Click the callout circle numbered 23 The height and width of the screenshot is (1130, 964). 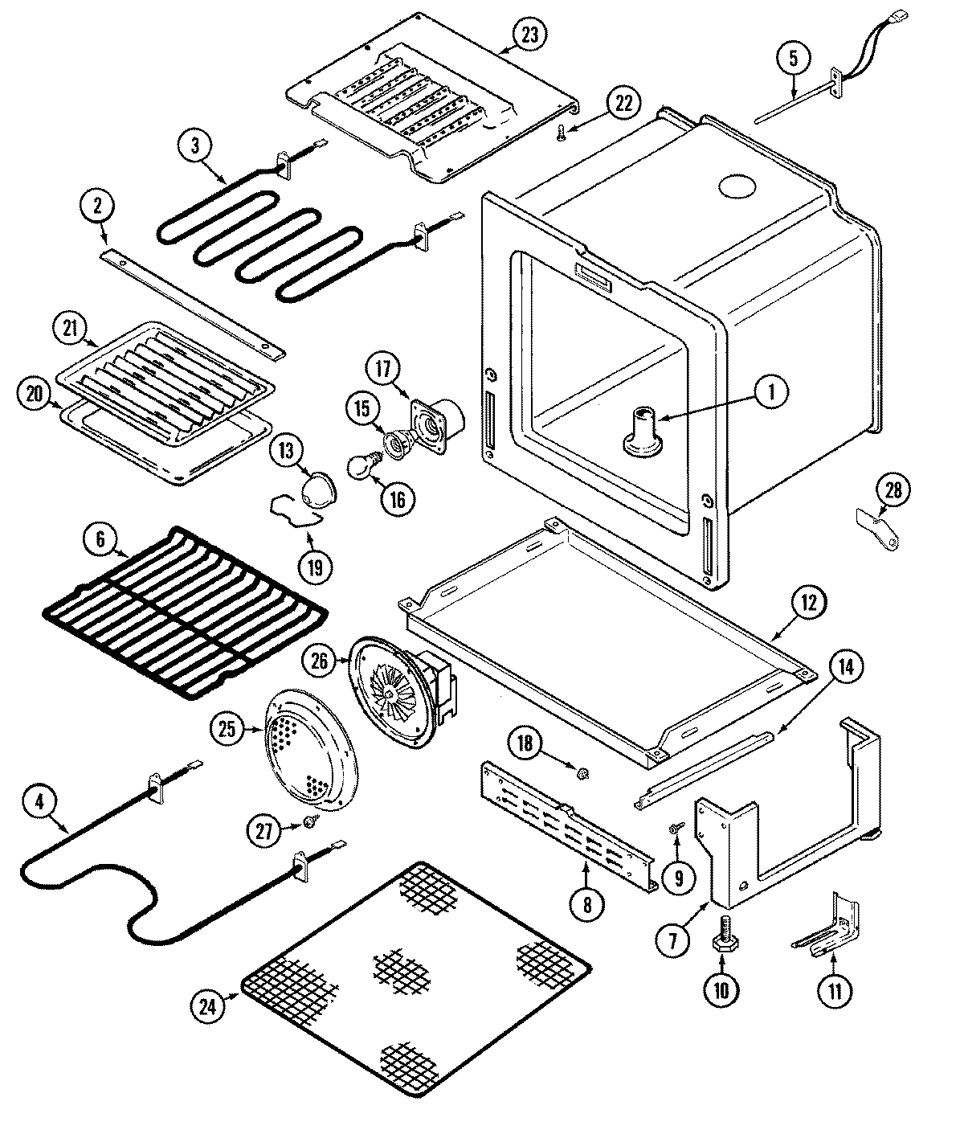pyautogui.click(x=531, y=35)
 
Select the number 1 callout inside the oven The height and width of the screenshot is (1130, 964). pyautogui.click(x=770, y=391)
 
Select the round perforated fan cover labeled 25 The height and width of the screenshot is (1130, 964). pyautogui.click(x=308, y=758)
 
